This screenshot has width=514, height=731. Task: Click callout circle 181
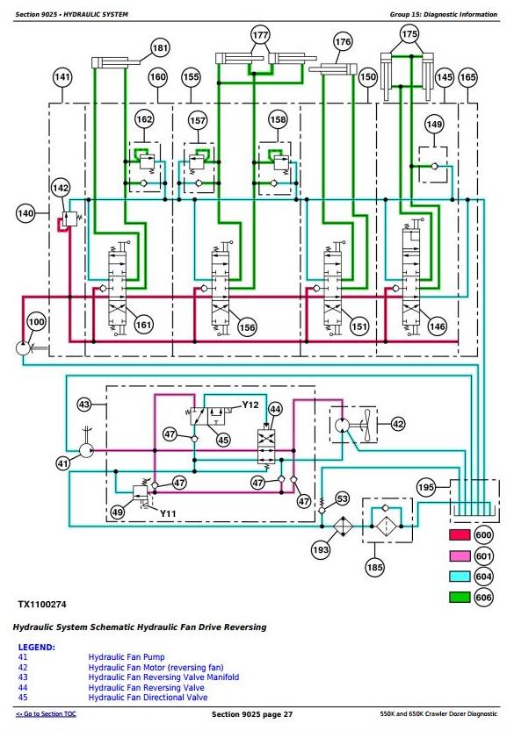[x=160, y=47]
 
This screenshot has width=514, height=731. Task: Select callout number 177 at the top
[x=260, y=35]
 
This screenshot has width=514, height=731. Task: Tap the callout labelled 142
[x=61, y=188]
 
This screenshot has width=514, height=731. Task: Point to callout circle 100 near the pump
[x=36, y=322]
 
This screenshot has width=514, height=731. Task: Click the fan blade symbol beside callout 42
[x=368, y=425]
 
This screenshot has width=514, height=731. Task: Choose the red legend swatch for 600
[x=460, y=534]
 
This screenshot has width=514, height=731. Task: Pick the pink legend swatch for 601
[x=460, y=555]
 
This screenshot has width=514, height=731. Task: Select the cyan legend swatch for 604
[x=460, y=577]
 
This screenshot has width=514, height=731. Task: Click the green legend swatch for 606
[x=460, y=597]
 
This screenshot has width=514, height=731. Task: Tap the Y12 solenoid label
[x=250, y=405]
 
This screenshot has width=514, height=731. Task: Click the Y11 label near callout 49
[x=168, y=513]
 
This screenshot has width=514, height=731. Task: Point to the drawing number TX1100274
[x=42, y=605]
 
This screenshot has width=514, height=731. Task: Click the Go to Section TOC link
[x=46, y=714]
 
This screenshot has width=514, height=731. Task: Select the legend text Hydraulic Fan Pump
[x=127, y=657]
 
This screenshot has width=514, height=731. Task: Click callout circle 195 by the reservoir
[x=426, y=488]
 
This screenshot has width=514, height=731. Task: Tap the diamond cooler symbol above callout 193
[x=344, y=527]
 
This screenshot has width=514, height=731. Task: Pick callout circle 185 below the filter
[x=375, y=567]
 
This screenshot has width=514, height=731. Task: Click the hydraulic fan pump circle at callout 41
[x=86, y=450]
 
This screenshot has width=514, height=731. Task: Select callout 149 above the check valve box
[x=434, y=124]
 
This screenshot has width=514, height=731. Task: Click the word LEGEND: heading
[x=36, y=647]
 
